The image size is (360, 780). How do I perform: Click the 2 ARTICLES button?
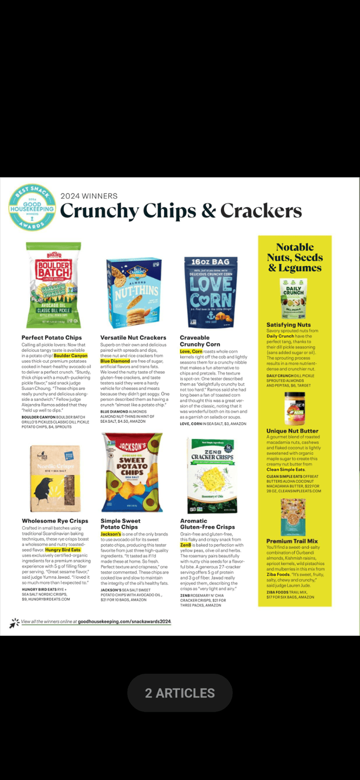coord(180,693)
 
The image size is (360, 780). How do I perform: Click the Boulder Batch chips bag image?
coord(54,285)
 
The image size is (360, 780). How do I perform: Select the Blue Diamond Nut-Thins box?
coord(134,292)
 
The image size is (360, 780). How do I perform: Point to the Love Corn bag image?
coord(211,292)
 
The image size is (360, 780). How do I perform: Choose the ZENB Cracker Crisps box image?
coord(212,475)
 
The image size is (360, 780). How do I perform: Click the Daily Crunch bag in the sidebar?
coord(293,299)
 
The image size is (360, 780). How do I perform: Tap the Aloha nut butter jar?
coord(294,409)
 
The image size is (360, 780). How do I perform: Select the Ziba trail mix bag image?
coord(293,517)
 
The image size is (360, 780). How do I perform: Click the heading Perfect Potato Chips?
coord(52,337)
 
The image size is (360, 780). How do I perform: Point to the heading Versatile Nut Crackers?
coord(133,337)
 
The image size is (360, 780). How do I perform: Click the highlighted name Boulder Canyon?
coord(71,356)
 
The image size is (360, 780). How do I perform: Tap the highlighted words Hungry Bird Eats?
coord(63,550)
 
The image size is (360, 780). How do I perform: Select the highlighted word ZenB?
coord(185,545)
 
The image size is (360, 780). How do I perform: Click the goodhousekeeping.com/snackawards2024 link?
coord(124,622)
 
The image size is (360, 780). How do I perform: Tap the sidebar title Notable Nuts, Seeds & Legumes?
coord(295,257)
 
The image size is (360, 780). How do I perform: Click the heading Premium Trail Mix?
coord(292,541)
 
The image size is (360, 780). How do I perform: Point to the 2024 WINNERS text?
coord(89,196)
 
